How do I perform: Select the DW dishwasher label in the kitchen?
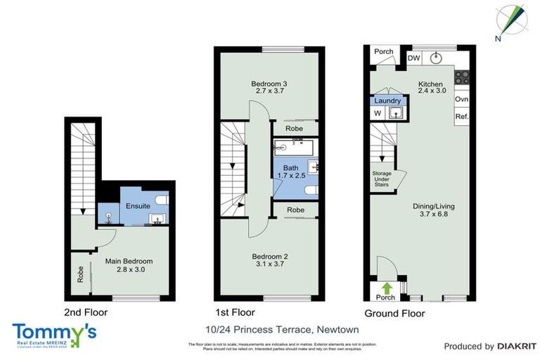pos(414,58)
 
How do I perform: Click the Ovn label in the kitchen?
pos(462,99)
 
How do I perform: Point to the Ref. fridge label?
pos(462,117)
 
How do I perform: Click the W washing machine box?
pos(377,112)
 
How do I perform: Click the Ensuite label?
pos(138,206)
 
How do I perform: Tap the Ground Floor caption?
pos(394,314)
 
